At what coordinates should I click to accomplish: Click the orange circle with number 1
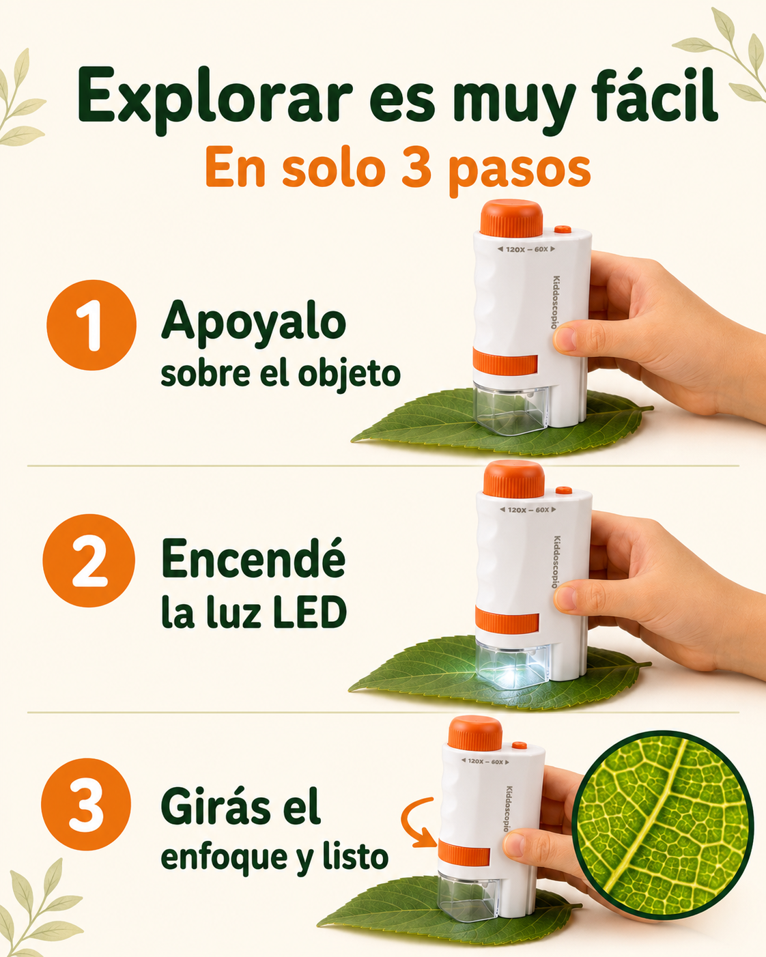[91, 325]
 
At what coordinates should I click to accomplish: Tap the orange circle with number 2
[89, 561]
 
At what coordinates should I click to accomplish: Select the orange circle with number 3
[86, 805]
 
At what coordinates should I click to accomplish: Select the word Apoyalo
[253, 324]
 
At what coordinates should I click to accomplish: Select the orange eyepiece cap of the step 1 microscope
[511, 218]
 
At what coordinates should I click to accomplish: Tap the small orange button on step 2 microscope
[564, 491]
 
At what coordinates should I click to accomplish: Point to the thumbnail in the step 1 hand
[565, 339]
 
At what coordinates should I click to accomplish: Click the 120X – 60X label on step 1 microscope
[526, 249]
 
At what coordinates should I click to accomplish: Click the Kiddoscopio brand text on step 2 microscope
[556, 562]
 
